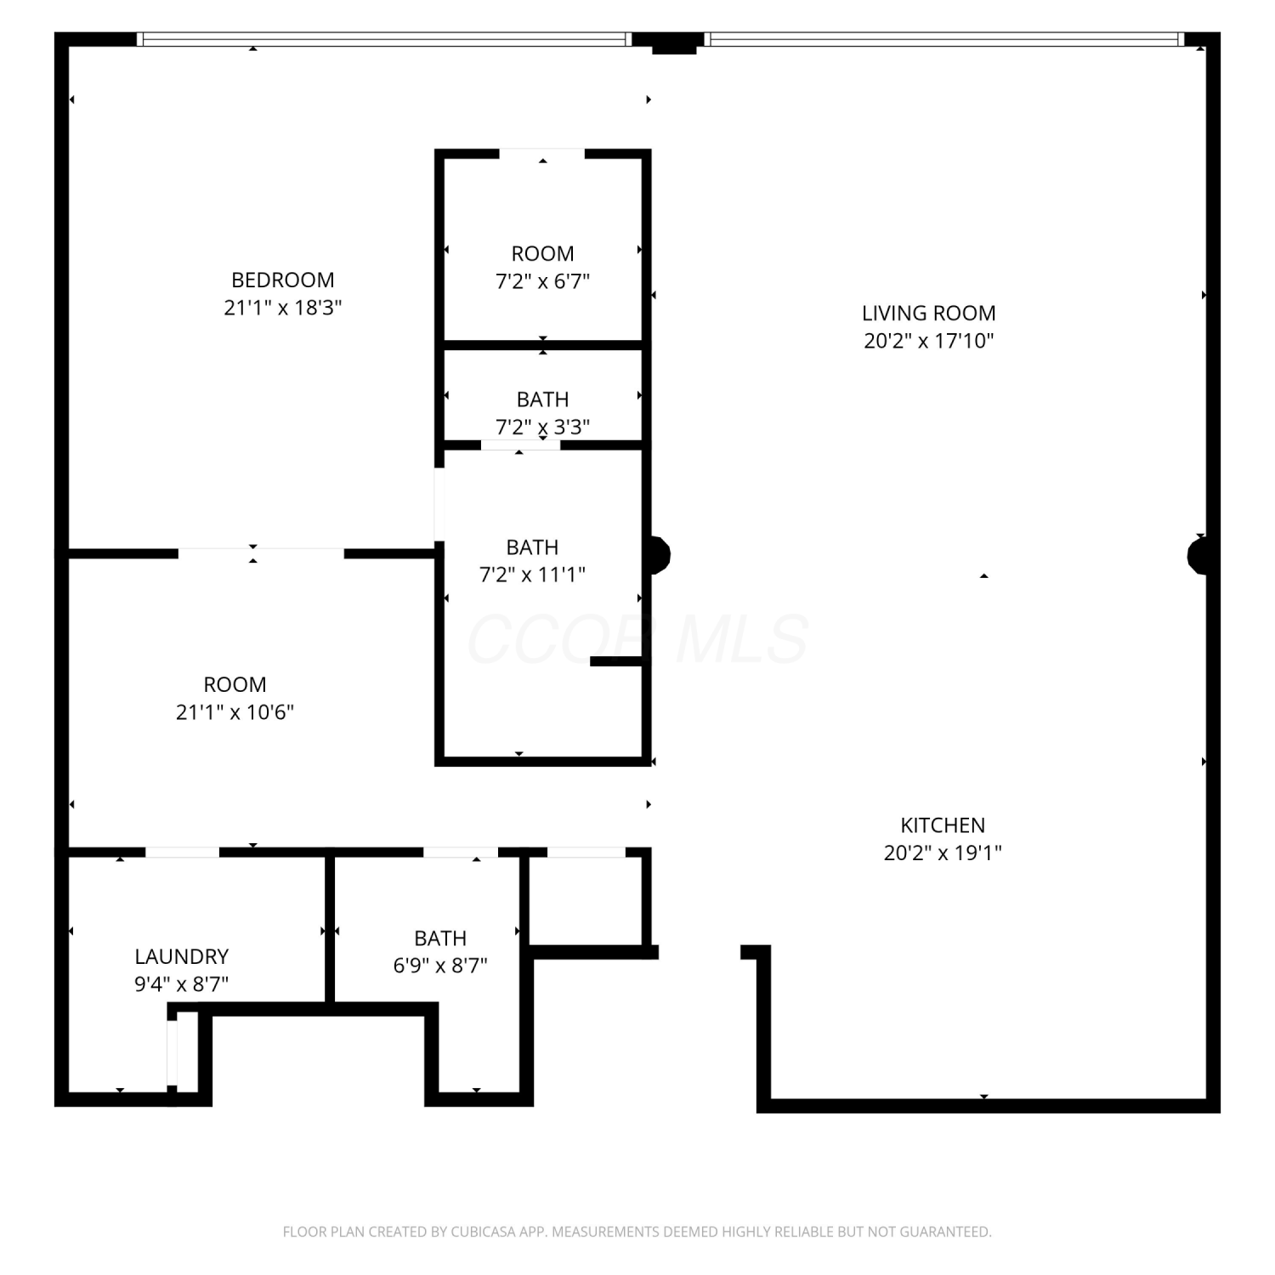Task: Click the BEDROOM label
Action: click(x=283, y=280)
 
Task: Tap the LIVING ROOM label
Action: click(x=929, y=313)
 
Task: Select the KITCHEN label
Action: click(x=943, y=825)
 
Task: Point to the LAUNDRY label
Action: click(x=182, y=956)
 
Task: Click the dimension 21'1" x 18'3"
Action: click(x=283, y=308)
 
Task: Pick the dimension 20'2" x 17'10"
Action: click(x=929, y=341)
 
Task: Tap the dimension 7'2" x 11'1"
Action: click(x=533, y=575)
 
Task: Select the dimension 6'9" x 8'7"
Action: click(x=440, y=966)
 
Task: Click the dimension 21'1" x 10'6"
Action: click(x=235, y=712)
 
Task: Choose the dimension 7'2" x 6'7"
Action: click(x=543, y=281)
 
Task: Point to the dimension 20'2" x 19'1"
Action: click(x=943, y=853)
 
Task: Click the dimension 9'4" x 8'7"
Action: click(x=182, y=984)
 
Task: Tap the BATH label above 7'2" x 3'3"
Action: click(x=543, y=399)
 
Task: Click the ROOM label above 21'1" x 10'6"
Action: click(x=235, y=684)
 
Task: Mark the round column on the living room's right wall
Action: click(x=1199, y=557)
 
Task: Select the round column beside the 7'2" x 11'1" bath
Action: click(x=659, y=555)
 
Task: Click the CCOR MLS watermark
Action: click(x=637, y=639)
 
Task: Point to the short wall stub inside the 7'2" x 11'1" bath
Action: click(x=616, y=661)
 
